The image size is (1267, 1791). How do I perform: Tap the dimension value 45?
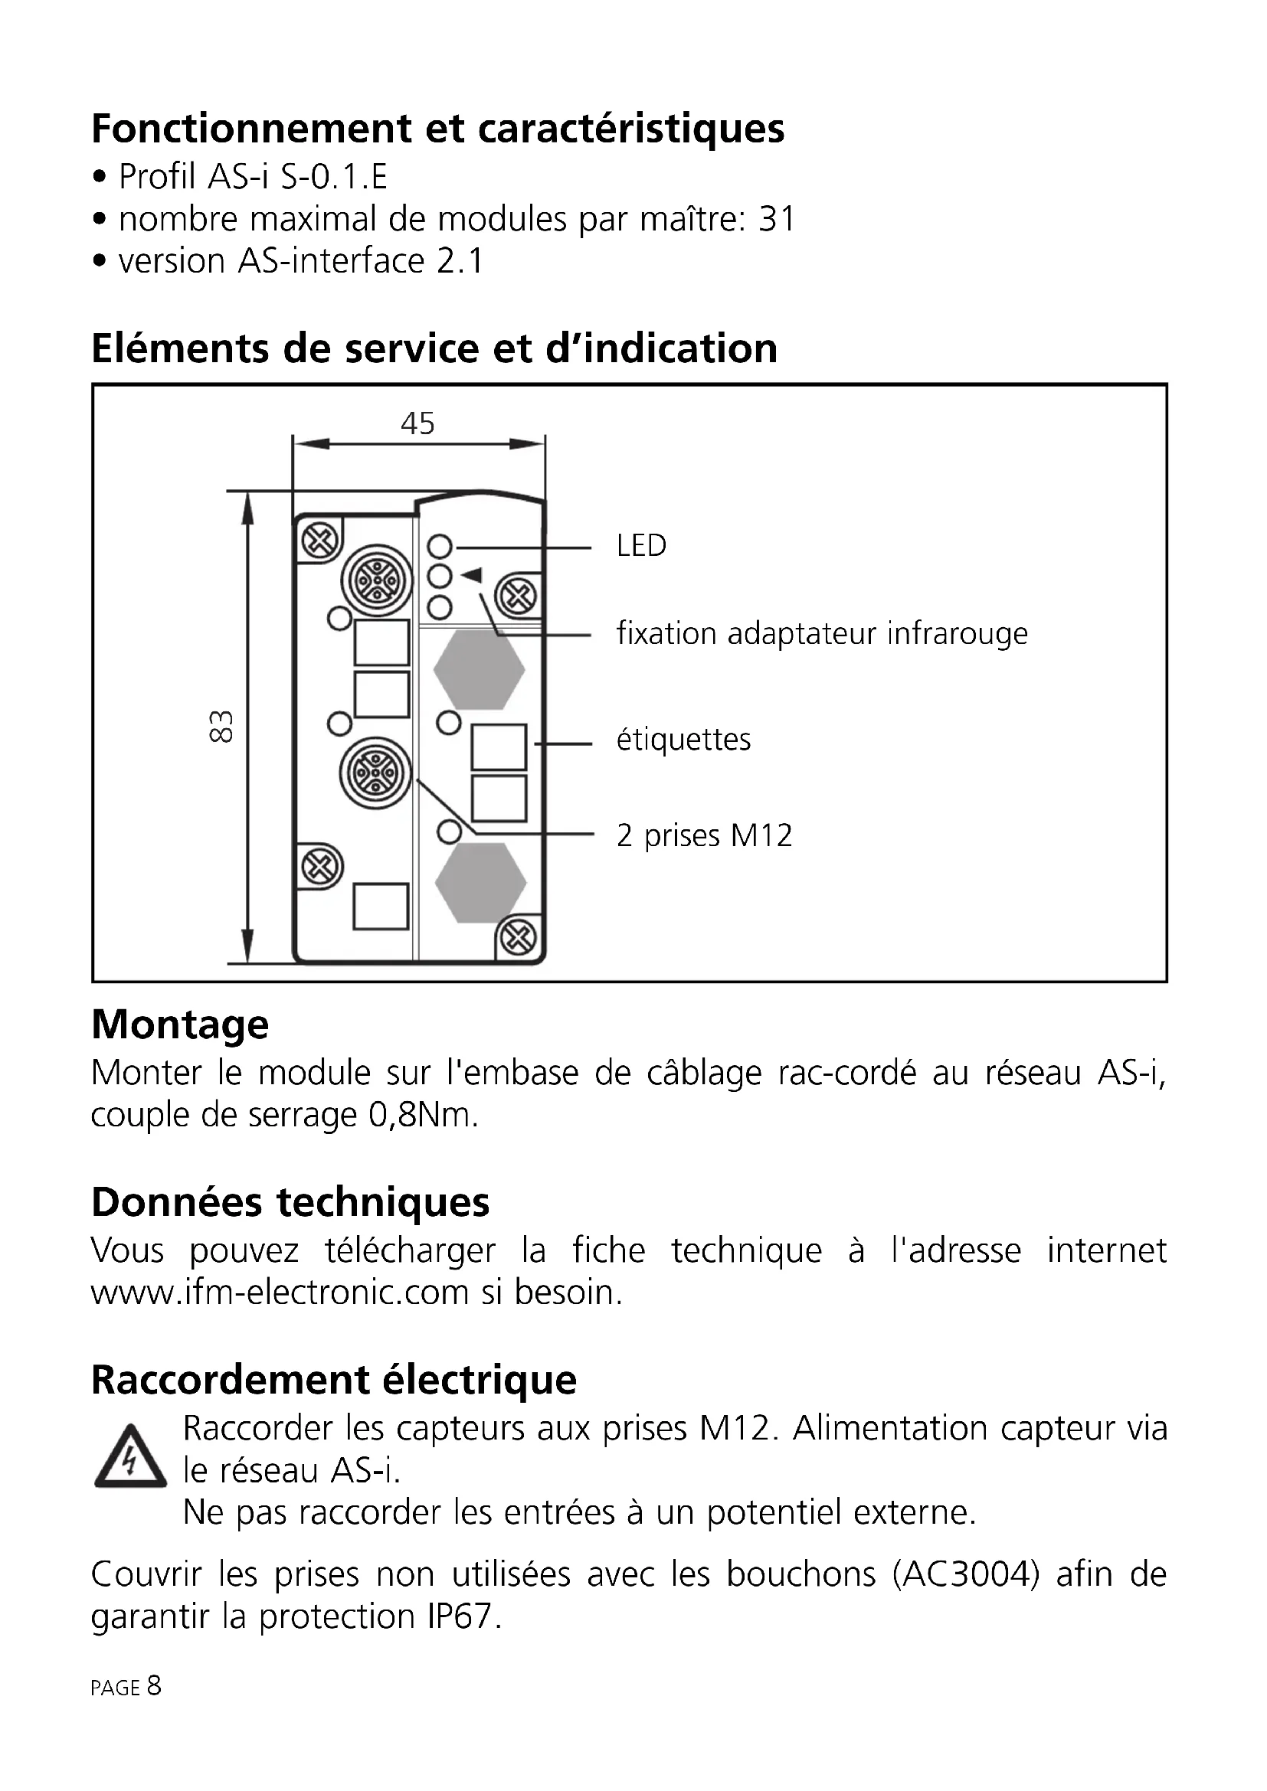[x=417, y=423]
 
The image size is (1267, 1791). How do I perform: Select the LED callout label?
[x=641, y=546]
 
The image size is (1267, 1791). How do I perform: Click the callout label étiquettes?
[x=683, y=740]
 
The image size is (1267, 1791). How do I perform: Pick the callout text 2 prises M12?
[x=704, y=836]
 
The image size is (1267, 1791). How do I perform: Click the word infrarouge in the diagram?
[x=958, y=633]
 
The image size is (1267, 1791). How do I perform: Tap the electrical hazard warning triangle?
[x=129, y=1458]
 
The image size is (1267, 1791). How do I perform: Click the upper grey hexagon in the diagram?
[x=479, y=669]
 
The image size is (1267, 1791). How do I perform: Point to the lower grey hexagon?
[x=480, y=883]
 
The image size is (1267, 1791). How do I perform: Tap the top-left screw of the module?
[x=320, y=539]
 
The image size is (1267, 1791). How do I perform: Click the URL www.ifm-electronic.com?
[x=280, y=1293]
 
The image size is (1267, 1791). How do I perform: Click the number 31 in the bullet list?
[x=776, y=219]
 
